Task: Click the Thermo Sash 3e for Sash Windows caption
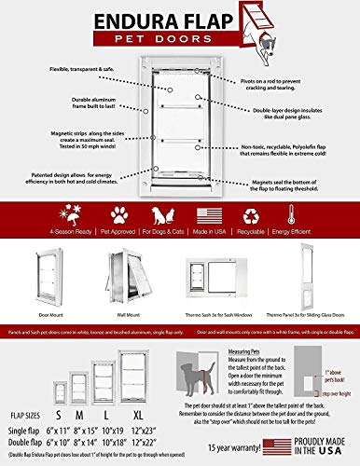tap(212, 318)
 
